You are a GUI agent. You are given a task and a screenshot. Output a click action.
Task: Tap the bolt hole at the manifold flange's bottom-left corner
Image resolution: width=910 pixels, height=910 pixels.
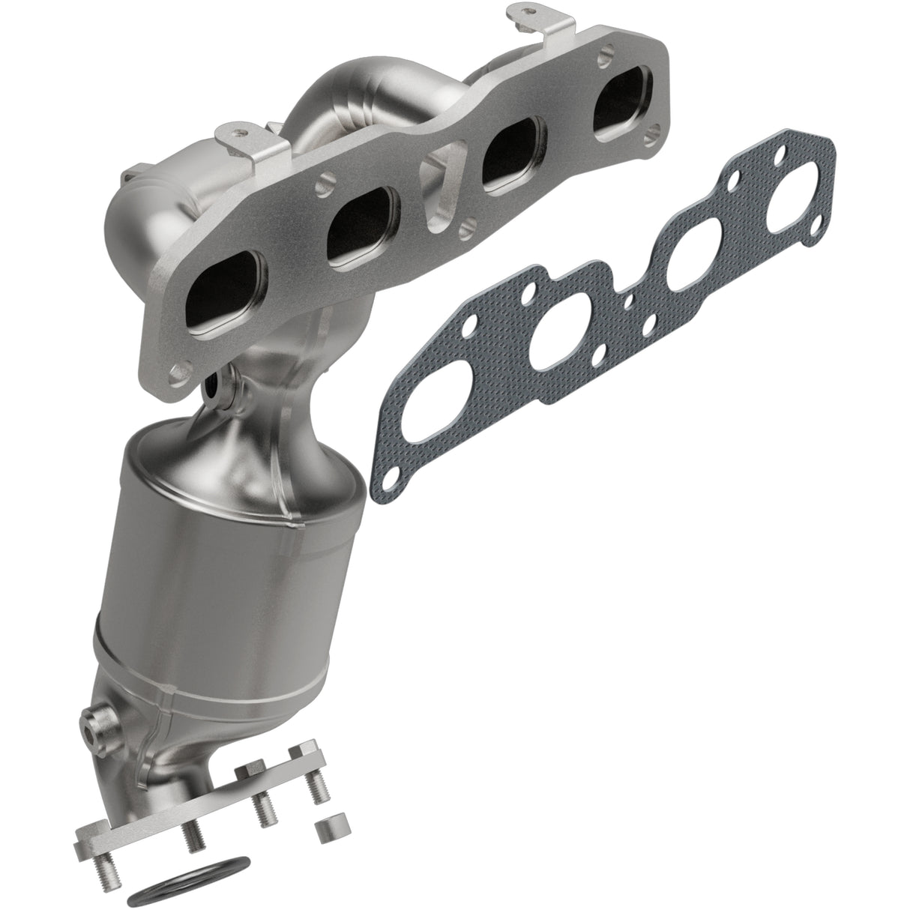[x=179, y=371]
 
